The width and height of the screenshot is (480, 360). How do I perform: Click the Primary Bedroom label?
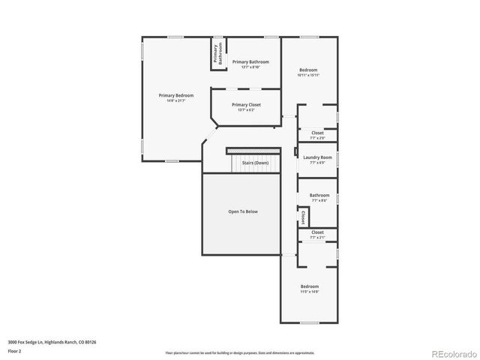pos(175,95)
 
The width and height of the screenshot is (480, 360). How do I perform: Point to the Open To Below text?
pos(243,211)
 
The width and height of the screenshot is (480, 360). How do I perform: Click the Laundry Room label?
pos(317,157)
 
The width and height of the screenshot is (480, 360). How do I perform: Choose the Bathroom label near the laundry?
pos(319,195)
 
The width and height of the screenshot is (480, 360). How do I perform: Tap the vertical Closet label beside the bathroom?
pos(302,217)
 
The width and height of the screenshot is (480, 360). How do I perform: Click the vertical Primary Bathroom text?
pos(217,54)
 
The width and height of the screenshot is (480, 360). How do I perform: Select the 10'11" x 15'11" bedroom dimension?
pos(308,75)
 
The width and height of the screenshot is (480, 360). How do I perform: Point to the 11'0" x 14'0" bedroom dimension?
pos(310,292)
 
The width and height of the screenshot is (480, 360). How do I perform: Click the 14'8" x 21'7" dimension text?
pos(175,100)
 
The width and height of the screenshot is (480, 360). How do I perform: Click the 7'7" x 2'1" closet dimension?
pos(317,238)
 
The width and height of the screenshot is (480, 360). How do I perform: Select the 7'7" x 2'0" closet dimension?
pos(317,138)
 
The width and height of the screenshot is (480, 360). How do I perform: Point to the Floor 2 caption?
pos(15,350)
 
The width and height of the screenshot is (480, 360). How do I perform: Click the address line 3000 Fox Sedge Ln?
pos(52,341)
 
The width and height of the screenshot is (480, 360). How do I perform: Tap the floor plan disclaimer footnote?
pos(240,352)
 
